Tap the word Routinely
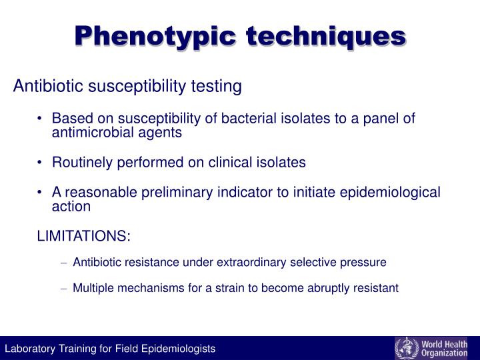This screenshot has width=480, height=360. tap(82, 162)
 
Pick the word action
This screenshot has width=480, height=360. tap(71, 206)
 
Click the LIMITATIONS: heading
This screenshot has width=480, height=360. tap(83, 236)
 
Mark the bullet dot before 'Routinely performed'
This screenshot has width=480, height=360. tap(41, 162)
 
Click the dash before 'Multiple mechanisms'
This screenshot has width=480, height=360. tap(64, 288)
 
